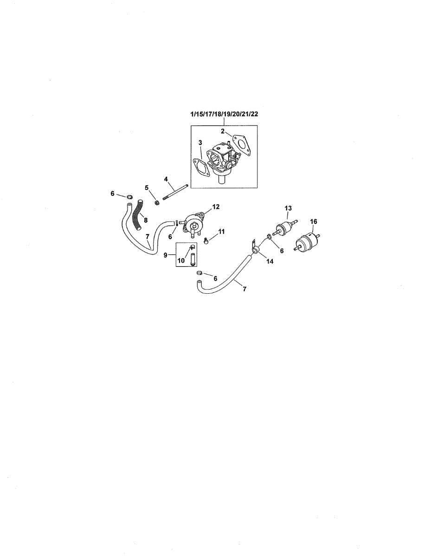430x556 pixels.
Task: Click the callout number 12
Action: pyautogui.click(x=216, y=207)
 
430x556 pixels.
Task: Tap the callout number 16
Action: pyautogui.click(x=314, y=221)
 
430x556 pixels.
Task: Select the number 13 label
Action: pyautogui.click(x=288, y=208)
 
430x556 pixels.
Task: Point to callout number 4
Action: pyautogui.click(x=166, y=179)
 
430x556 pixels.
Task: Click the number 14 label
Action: pyautogui.click(x=270, y=261)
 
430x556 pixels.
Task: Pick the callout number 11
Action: pyautogui.click(x=221, y=231)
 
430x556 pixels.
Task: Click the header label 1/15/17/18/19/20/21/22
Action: pyautogui.click(x=224, y=114)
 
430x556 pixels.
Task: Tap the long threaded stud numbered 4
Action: pyautogui.click(x=175, y=192)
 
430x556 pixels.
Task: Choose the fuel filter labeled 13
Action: pyautogui.click(x=285, y=227)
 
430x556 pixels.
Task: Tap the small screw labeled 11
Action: pyautogui.click(x=206, y=240)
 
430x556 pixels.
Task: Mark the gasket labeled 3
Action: pyautogui.click(x=201, y=167)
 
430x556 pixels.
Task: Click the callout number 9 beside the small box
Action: pyautogui.click(x=166, y=255)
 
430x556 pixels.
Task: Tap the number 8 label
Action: pyautogui.click(x=146, y=220)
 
